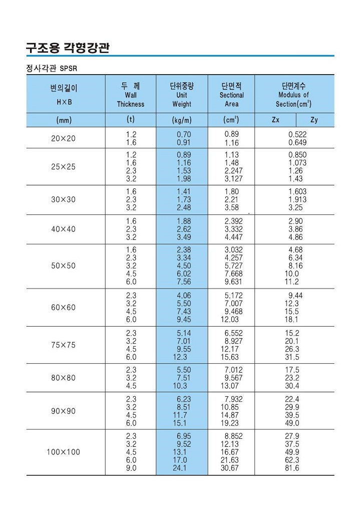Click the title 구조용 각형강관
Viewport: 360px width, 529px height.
click(68, 48)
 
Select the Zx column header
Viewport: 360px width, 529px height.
click(275, 120)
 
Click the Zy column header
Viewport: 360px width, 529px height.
click(314, 120)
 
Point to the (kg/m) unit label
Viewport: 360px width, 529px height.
click(182, 120)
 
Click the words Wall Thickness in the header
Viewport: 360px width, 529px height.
click(131, 100)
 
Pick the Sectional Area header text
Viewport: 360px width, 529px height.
click(231, 100)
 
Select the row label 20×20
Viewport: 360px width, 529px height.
click(64, 138)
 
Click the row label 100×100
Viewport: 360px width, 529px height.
click(64, 452)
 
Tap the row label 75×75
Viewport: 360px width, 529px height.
click(64, 345)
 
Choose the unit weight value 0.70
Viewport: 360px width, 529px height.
click(184, 134)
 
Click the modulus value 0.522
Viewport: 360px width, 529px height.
click(297, 134)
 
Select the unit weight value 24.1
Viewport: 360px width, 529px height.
click(180, 468)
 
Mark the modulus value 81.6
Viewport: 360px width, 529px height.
click(292, 468)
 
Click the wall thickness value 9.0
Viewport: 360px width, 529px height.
click(131, 468)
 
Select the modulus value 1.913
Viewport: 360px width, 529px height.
click(297, 199)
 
